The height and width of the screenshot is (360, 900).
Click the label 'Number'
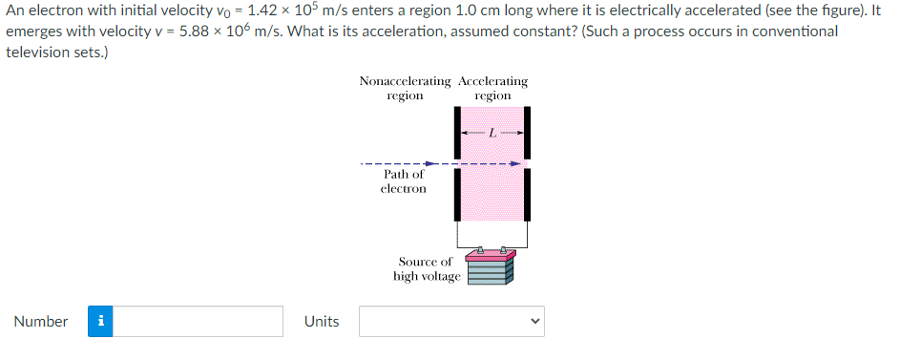click(x=41, y=322)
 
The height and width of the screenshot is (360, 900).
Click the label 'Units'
click(x=322, y=322)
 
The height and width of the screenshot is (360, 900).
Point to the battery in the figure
click(x=491, y=267)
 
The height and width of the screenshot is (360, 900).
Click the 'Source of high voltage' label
click(x=426, y=269)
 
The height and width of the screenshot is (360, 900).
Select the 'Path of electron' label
click(x=403, y=181)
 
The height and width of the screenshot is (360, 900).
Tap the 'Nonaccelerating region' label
click(x=405, y=89)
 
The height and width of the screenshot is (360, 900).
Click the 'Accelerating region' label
click(x=492, y=89)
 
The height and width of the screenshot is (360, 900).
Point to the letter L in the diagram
click(x=492, y=134)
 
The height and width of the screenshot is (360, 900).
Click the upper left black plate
click(x=458, y=130)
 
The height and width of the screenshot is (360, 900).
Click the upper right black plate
click(x=527, y=130)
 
